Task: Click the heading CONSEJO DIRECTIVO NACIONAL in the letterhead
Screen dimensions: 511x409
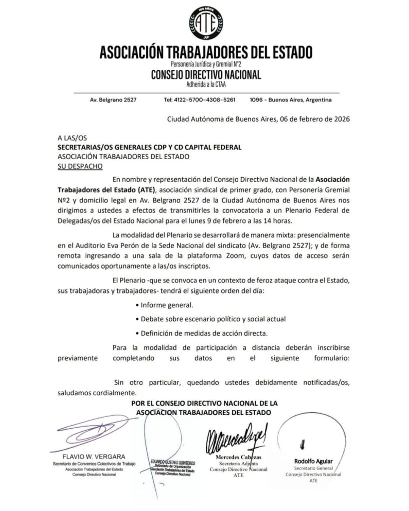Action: [x=206, y=75]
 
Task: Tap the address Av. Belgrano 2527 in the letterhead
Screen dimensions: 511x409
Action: [x=113, y=100]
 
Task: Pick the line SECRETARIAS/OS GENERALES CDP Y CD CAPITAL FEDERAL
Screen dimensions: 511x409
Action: [x=149, y=147]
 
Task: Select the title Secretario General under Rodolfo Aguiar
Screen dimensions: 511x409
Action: [x=313, y=469]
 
